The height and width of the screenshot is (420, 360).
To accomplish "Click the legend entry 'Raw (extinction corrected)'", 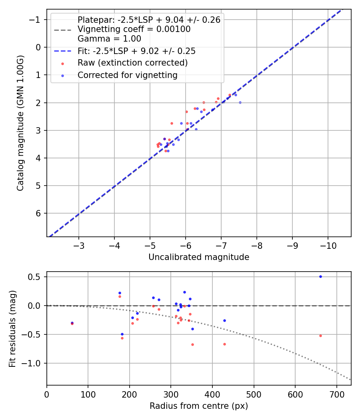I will pos(132,63).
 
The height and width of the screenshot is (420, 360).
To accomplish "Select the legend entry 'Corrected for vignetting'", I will pos(128,75).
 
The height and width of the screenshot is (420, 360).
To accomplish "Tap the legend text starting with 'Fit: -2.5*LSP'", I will pos(136,51).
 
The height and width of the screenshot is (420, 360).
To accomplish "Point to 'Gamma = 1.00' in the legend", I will pos(109,39).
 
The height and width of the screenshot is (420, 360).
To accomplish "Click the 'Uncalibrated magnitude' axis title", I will pos(199,257).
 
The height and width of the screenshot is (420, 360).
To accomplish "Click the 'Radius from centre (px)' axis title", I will pos(199,406).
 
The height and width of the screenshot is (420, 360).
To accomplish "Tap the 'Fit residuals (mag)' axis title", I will pos(12,328).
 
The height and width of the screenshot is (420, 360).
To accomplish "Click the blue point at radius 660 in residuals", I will pos(320,276).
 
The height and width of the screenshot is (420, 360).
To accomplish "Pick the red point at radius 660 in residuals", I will pos(320,336).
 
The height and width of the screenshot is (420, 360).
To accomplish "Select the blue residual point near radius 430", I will pos(224,320).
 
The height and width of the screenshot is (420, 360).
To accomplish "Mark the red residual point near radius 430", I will pos(224,344).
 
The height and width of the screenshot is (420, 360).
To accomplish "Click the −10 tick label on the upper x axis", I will pos(328,245).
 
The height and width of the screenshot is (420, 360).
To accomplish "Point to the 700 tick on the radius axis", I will pos(336,394).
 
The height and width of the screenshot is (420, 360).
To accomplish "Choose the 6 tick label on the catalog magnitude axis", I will pos(39,213).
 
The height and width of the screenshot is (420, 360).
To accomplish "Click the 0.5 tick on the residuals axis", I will pos(37,277).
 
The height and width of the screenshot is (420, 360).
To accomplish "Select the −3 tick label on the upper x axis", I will pos(79,245).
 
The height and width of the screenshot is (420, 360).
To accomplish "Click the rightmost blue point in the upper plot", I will pos(240,102).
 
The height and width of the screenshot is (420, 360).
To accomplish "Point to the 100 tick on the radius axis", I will pos(88,394).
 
